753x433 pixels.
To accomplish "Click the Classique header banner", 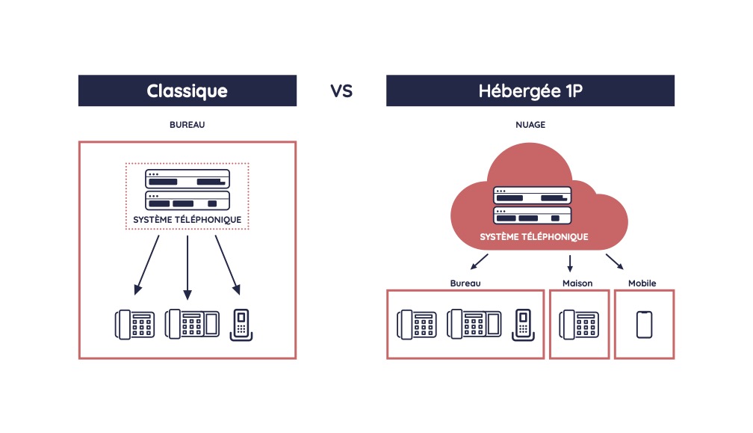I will [188, 91].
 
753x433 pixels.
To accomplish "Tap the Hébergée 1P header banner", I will [530, 91].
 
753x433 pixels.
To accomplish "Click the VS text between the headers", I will [341, 91].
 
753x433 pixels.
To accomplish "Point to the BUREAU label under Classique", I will [188, 125].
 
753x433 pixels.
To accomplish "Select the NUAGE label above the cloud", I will [530, 125].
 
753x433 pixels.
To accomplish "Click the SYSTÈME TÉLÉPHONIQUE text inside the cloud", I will [533, 237].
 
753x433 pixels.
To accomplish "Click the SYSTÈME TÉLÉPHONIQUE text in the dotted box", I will [187, 220].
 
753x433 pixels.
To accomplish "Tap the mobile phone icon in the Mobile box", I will [644, 325].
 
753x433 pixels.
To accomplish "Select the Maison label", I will [577, 283].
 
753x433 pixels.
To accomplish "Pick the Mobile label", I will [642, 283].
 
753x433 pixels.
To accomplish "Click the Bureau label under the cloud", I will [465, 283].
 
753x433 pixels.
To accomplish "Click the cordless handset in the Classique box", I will [241, 325].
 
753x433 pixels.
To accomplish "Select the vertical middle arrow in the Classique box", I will [187, 265].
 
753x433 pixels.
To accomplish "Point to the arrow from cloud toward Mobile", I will [614, 262].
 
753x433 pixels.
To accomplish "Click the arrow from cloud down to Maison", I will [570, 262].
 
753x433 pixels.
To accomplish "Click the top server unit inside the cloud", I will [533, 196].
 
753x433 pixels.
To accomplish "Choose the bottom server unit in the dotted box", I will [187, 200].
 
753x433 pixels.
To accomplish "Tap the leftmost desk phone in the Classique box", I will [134, 324].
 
